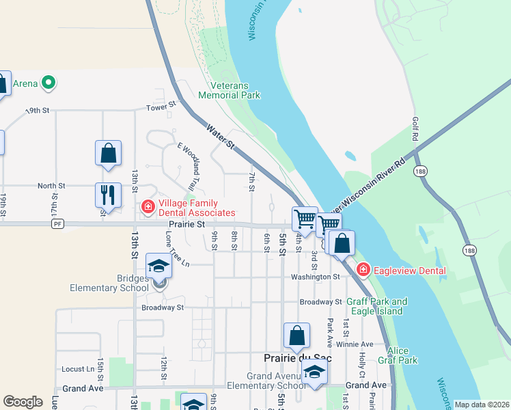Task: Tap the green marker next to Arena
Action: (48, 84)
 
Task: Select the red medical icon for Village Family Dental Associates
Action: (147, 206)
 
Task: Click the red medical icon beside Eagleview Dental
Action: (363, 270)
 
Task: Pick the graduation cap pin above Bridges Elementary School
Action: (158, 266)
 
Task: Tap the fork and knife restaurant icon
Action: (108, 194)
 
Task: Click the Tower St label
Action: (161, 106)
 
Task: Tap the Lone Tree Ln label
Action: (176, 249)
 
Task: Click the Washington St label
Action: (315, 277)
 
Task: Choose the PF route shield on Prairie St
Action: (58, 223)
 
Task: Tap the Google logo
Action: (23, 402)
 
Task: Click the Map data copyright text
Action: (482, 405)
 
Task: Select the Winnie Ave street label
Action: (358, 344)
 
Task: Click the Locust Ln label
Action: (78, 369)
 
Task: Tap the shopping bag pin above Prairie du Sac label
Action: (296, 336)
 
